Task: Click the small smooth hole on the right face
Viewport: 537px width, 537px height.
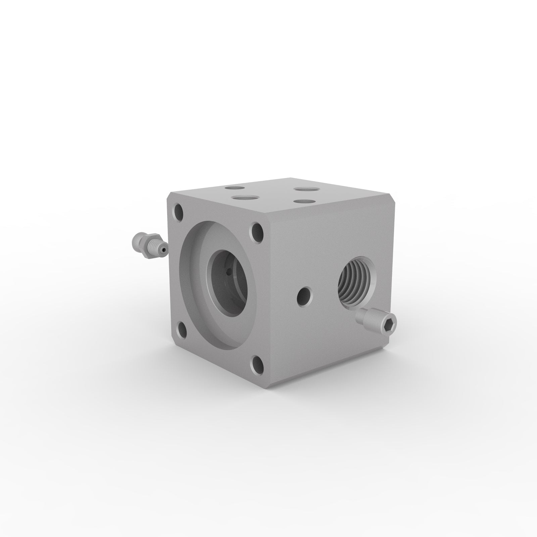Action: point(304,294)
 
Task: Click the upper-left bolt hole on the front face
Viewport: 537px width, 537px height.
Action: point(178,212)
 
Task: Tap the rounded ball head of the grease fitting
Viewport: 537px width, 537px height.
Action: point(136,240)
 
